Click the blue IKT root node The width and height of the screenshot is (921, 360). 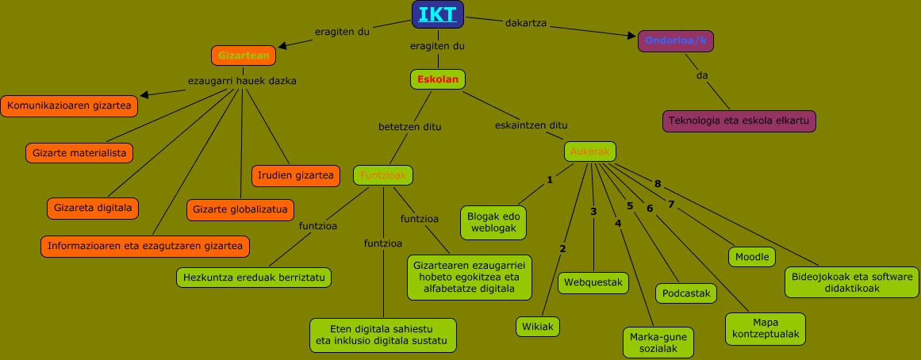coord(438,14)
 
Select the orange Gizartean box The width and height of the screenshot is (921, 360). coord(244,56)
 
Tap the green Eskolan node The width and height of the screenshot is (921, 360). coord(437,79)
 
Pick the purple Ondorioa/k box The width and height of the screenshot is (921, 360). coord(676,41)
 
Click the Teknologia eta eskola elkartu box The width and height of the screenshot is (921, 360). coord(739,121)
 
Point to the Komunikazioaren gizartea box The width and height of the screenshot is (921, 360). coord(69,105)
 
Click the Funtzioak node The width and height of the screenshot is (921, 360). coord(383,175)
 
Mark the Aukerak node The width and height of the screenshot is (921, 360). coord(590,151)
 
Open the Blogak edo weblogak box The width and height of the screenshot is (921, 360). coord(493,222)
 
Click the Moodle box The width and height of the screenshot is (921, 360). coord(752,257)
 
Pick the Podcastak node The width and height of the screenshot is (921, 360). coord(686,293)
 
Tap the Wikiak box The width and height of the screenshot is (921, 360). coord(538,327)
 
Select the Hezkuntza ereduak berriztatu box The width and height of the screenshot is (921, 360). coord(254,278)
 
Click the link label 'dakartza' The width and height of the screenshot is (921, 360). coord(526,23)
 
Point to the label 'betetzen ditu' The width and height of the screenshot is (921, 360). coord(410,126)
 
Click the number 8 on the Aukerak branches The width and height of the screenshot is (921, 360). coord(657,184)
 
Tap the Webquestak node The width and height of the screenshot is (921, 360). coord(593,283)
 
